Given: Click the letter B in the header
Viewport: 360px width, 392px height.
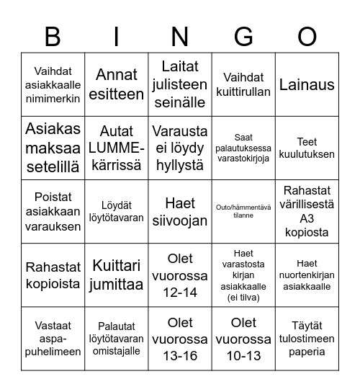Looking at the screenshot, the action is (53, 35).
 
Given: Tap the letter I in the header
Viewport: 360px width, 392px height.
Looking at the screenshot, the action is (117, 35).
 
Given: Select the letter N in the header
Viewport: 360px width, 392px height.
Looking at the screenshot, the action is (180, 35).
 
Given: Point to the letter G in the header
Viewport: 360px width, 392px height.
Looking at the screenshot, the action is (243, 35).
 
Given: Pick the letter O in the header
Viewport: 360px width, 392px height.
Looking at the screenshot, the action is (307, 35).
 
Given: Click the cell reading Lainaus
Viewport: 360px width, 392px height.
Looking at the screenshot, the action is (307, 84).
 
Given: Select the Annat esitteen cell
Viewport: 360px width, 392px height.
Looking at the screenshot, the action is (117, 84).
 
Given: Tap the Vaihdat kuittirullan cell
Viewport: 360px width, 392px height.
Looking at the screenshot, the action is (243, 84).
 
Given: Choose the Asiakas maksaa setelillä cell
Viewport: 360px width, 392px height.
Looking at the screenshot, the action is (53, 148).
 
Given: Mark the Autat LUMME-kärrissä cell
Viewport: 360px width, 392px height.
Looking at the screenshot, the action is (117, 148).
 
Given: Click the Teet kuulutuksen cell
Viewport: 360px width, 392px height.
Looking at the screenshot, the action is (307, 148).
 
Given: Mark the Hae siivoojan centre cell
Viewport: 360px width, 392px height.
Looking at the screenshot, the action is (180, 211).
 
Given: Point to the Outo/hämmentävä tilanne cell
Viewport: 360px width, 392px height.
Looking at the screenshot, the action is (243, 211).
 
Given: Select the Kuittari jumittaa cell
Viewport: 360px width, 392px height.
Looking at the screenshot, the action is (117, 275).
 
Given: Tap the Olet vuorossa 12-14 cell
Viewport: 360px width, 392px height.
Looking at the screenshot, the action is (180, 275).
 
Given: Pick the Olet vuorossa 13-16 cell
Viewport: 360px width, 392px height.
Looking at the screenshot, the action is (180, 339).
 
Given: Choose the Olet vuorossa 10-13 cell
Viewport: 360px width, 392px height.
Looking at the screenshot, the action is (243, 339).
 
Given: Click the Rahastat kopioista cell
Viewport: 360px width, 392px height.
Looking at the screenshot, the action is (53, 275).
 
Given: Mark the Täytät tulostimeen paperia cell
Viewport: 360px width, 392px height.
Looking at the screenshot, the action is (307, 339).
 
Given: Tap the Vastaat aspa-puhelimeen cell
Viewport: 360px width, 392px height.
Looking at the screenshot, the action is (53, 339).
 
